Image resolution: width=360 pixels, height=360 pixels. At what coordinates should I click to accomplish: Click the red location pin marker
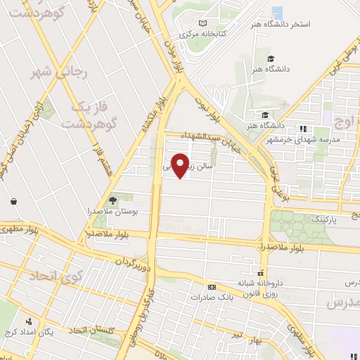[181, 165]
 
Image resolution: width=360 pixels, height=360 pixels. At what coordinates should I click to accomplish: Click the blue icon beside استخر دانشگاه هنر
[277, 12]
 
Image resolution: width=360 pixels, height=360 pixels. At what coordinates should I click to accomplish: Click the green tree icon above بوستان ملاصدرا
[113, 200]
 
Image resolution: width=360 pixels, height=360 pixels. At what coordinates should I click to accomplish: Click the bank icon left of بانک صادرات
[212, 287]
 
